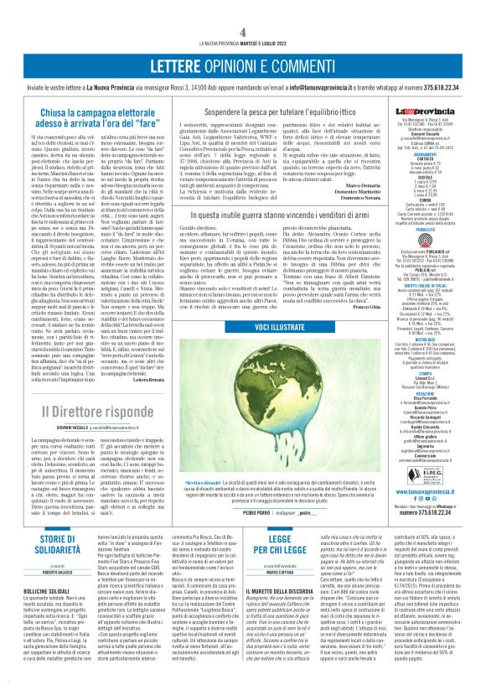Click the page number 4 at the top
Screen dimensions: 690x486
pos(242,31)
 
